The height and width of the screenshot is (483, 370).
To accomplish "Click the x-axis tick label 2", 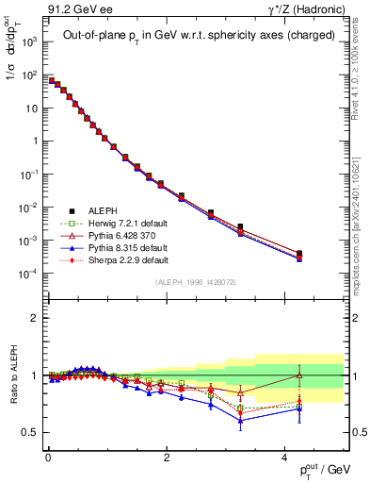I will (x=166, y=458).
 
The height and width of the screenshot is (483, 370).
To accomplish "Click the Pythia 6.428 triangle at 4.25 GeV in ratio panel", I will (x=298, y=375).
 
